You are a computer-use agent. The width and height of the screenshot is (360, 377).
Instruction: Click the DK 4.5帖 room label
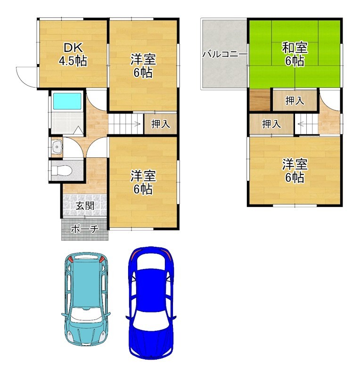coord(73,55)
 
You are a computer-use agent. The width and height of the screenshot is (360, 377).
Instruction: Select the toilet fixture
coord(62,171)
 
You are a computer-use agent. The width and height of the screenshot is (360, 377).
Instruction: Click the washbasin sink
coord(57,147)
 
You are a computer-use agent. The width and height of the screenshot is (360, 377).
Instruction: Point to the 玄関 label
coord(85,205)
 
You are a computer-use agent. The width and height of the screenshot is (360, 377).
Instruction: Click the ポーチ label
coord(85,229)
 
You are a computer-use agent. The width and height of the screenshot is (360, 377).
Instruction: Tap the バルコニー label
coord(225,54)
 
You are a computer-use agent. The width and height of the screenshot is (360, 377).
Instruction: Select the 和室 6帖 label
coord(295,54)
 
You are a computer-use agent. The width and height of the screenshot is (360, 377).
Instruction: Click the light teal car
coord(86,299)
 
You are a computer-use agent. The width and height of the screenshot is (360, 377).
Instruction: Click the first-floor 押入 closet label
coord(160,124)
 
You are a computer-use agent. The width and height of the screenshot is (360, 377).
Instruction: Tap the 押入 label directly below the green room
coord(295,100)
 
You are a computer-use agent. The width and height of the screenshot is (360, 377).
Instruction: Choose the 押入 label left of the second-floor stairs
coord(271,124)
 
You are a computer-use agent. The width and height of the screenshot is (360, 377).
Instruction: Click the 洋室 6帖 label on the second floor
coord(295,171)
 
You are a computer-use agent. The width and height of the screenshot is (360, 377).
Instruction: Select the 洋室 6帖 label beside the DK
coord(143,66)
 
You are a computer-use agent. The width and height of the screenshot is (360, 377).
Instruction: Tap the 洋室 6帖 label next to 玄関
coord(143,182)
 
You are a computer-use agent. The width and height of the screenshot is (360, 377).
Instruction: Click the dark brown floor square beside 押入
coord(260,100)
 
